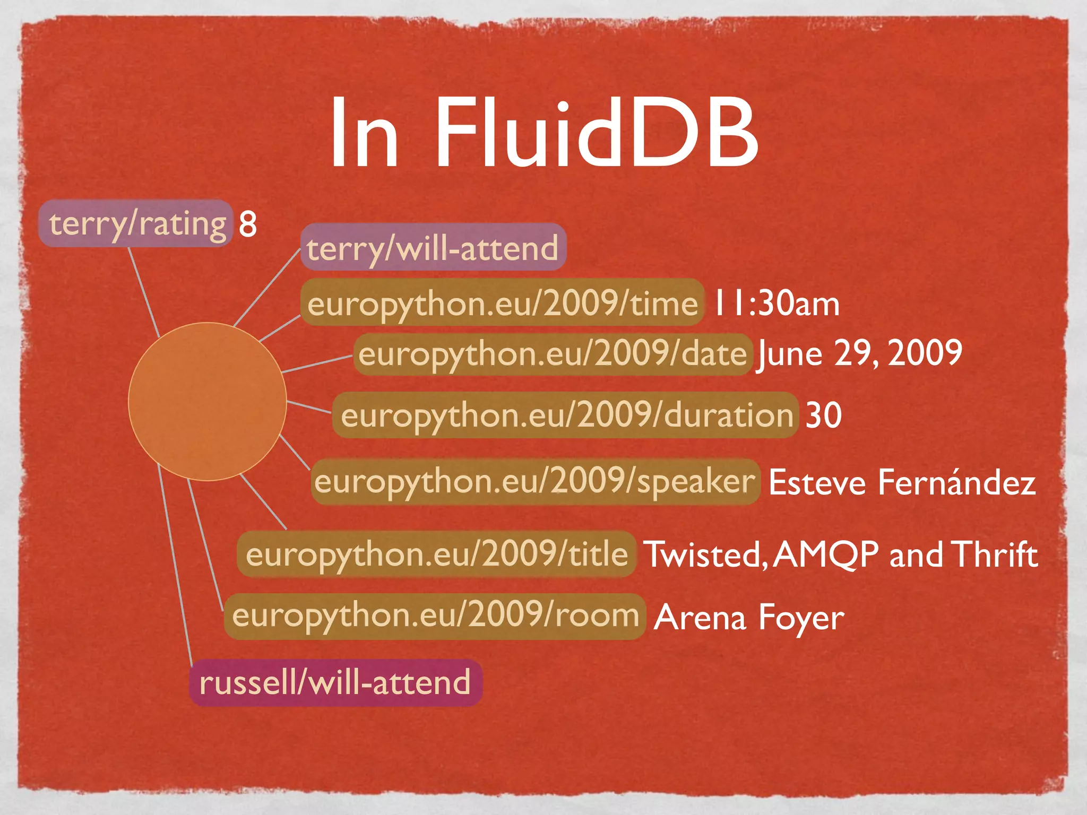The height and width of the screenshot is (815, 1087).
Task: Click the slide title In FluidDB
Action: pos(543,133)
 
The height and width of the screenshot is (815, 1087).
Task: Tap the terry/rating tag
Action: pos(136,223)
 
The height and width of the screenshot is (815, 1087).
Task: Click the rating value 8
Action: pos(248,224)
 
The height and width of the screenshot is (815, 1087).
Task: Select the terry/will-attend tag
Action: pos(433,247)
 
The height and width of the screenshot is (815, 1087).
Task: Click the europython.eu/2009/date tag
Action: pos(553,354)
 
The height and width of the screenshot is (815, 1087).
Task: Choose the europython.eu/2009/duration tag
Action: pos(566,414)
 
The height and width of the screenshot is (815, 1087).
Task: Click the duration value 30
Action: pos(823,414)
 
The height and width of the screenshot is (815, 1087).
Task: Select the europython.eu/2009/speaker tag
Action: pos(535,481)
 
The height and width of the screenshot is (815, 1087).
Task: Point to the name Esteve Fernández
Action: pos(902,482)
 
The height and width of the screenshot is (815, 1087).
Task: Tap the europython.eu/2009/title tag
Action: pos(436,554)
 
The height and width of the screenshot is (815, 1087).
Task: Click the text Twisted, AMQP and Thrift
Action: pos(840,554)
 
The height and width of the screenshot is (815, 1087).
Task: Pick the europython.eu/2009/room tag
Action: pos(435,616)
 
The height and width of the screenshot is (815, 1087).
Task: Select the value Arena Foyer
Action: pos(749,617)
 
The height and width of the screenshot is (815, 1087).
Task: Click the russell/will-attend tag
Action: pos(335,682)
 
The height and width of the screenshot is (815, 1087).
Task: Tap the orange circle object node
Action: pos(208,401)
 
